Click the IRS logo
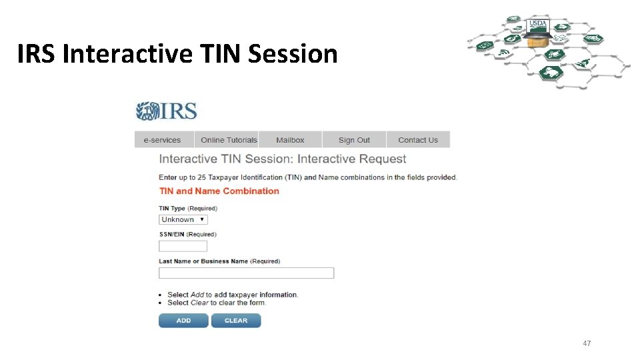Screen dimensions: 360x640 coord(167,111)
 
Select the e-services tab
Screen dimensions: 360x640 coord(163,140)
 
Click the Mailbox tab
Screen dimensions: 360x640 coord(290,140)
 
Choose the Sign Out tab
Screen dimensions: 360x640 coord(354,140)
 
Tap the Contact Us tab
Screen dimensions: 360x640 coord(418,140)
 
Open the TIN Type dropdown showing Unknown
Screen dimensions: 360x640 coord(183,219)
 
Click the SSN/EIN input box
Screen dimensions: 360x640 coord(183,246)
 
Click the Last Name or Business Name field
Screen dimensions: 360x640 coord(246,273)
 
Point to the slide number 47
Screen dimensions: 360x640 coord(587,343)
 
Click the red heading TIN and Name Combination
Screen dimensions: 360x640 coord(219,191)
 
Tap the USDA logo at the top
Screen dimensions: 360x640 coord(537,24)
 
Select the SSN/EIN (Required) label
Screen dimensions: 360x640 coord(187,235)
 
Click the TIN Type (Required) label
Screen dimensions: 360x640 coord(187,209)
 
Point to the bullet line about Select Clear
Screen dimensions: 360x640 coord(216,303)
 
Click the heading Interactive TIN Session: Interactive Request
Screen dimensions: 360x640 coord(282,159)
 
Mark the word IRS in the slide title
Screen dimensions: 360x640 coord(37,54)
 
